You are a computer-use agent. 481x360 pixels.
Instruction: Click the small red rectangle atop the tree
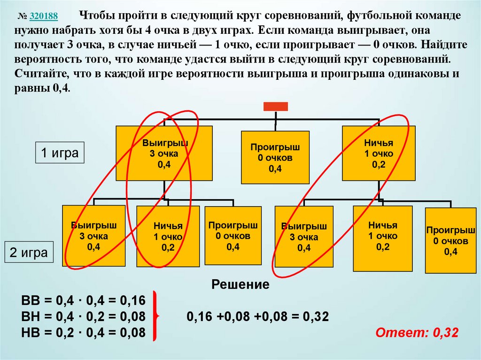pyautogui.click(x=275, y=107)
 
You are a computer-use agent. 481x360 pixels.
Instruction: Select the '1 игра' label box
pyautogui.click(x=60, y=153)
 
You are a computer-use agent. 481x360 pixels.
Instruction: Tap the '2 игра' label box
pyautogui.click(x=29, y=253)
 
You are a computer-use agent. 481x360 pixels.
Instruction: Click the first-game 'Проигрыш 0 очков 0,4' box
pyautogui.click(x=275, y=158)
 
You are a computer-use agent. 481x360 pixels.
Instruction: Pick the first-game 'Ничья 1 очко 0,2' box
pyautogui.click(x=379, y=153)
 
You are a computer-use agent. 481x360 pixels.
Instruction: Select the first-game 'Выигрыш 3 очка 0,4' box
pyautogui.click(x=164, y=153)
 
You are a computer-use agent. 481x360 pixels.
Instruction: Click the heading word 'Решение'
pyautogui.click(x=240, y=284)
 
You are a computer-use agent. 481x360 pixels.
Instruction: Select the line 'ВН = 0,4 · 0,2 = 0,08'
pyautogui.click(x=84, y=316)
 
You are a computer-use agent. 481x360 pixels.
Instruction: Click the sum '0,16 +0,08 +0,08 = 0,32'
pyautogui.click(x=257, y=316)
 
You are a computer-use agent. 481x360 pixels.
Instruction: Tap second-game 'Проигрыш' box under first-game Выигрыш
pyautogui.click(x=233, y=235)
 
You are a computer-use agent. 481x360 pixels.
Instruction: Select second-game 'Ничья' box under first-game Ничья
pyautogui.click(x=382, y=238)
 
